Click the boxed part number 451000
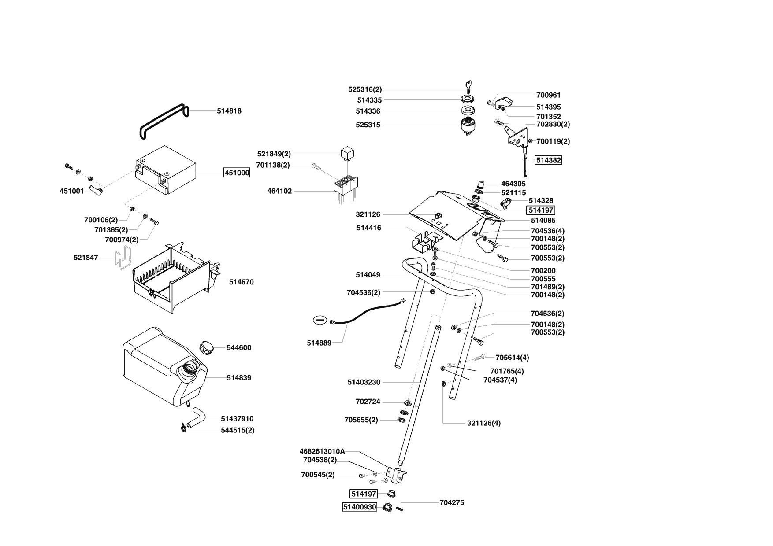237,173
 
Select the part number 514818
229,111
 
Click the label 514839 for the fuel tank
239,378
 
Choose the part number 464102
279,191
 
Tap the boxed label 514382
548,160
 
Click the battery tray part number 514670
241,282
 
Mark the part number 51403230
364,382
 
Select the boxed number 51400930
360,507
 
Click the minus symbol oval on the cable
320,320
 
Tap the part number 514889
319,343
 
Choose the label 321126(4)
483,423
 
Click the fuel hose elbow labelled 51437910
196,417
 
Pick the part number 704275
451,502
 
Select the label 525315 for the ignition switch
368,125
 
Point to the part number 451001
71,191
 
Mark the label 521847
85,257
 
